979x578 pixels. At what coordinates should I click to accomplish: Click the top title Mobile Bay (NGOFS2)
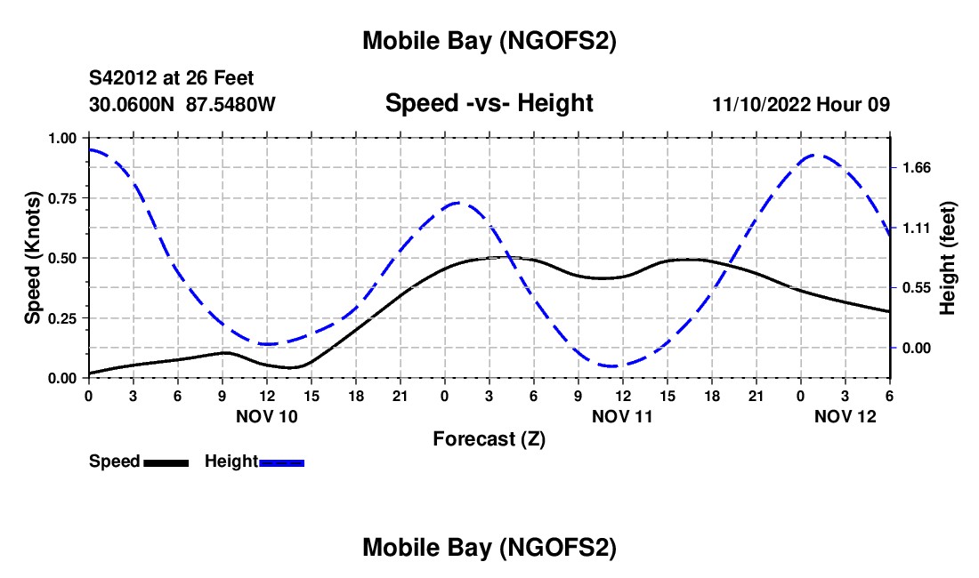(x=489, y=41)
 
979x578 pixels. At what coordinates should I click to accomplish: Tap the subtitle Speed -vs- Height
(x=489, y=103)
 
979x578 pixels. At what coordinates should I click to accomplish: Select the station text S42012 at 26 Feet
(x=172, y=78)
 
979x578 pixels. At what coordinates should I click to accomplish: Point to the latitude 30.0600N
(x=133, y=104)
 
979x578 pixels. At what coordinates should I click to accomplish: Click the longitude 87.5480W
(x=231, y=104)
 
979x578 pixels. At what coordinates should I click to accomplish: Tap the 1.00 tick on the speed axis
(x=62, y=138)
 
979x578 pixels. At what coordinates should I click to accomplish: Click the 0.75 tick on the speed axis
(x=62, y=198)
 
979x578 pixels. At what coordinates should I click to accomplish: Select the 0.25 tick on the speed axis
(x=62, y=318)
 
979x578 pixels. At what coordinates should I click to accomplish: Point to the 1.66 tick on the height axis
(x=917, y=167)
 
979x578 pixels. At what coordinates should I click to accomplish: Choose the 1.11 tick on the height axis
(x=917, y=228)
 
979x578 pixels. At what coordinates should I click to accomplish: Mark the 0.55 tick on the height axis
(x=917, y=287)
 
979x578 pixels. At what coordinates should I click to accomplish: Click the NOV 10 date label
(x=267, y=415)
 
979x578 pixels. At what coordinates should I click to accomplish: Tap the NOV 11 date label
(x=622, y=415)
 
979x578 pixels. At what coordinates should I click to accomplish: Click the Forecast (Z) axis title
(x=489, y=438)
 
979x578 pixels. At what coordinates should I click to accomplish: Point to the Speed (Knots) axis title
(x=33, y=258)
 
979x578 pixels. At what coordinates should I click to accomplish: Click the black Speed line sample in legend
(x=166, y=462)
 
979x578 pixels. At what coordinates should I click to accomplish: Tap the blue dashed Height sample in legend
(x=281, y=462)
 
